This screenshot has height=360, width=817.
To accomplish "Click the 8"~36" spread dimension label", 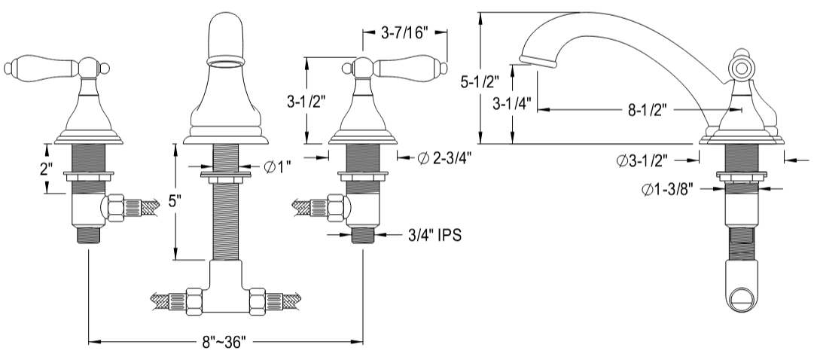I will pos(224,343).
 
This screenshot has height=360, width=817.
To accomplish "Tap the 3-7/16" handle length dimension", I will pos(404,32).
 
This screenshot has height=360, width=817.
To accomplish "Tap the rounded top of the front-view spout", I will pos(226,30).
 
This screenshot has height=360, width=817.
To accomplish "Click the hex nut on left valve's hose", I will pos(116,207).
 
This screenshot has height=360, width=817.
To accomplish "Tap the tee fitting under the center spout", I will pos(225,290).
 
